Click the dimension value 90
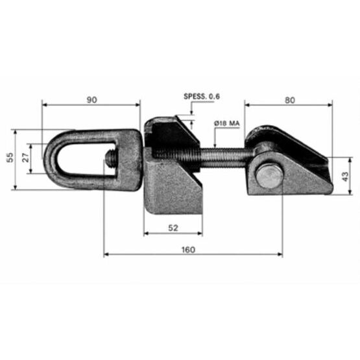(92, 100)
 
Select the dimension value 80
(290, 101)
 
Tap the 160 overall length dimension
(188, 250)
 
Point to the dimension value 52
(173, 228)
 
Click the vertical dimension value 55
(10, 158)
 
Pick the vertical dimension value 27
(26, 158)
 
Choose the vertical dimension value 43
(345, 176)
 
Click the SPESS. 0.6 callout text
(202, 97)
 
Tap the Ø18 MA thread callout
(227, 123)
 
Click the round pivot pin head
(269, 176)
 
